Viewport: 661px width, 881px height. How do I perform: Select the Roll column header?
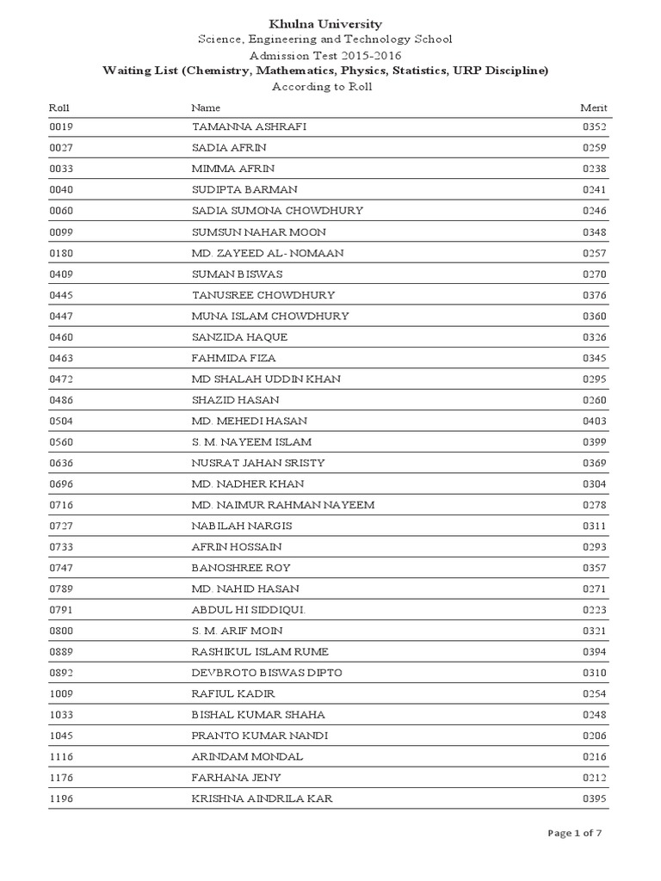point(59,108)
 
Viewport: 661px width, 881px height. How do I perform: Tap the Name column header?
point(206,108)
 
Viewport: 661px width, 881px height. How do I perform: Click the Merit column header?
point(594,108)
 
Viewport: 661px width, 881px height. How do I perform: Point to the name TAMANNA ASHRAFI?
point(249,127)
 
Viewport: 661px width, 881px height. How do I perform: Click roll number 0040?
point(62,190)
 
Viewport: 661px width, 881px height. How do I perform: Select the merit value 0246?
point(595,211)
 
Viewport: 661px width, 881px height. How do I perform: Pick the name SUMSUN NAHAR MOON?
point(258,232)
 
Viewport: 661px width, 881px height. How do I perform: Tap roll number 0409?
point(62,274)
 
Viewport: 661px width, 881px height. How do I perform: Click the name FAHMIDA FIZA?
point(233,358)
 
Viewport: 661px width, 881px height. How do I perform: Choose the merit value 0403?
point(595,422)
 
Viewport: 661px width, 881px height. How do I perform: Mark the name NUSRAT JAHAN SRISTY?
point(257,463)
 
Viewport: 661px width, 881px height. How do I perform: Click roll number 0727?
point(62,526)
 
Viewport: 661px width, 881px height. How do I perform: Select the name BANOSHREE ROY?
point(241,568)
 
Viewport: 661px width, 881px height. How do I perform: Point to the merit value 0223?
point(595,610)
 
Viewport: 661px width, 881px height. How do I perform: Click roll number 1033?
point(62,715)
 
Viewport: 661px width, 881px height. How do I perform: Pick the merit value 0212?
point(595,778)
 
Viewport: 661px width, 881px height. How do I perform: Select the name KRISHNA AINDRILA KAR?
point(262,799)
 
